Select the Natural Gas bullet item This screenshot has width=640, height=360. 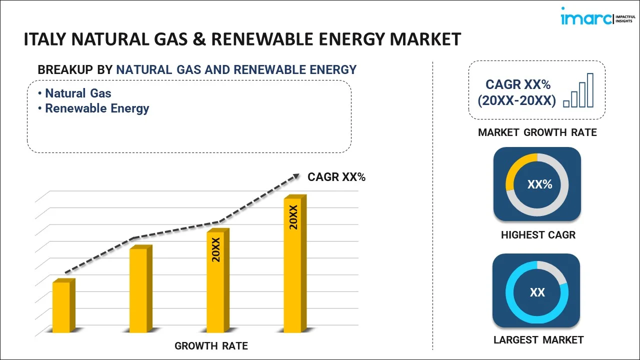pyautogui.click(x=78, y=93)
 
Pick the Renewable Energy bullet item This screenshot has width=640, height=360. pyautogui.click(x=97, y=108)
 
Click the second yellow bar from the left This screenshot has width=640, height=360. pyautogui.click(x=138, y=290)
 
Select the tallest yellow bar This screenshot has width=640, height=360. pyautogui.click(x=292, y=265)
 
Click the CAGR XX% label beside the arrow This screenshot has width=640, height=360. pyautogui.click(x=336, y=176)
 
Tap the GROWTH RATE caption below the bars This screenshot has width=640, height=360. pyautogui.click(x=211, y=345)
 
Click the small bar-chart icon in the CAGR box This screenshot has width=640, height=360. pyautogui.click(x=578, y=91)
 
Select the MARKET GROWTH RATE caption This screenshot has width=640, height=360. pyautogui.click(x=537, y=132)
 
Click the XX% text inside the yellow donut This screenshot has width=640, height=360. pyautogui.click(x=539, y=184)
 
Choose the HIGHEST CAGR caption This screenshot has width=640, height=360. pyautogui.click(x=538, y=234)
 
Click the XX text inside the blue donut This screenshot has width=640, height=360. pyautogui.click(x=537, y=292)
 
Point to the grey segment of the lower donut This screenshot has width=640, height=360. pyautogui.click(x=555, y=270)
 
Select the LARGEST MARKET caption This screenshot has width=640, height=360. pyautogui.click(x=538, y=340)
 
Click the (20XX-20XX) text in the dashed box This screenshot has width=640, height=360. pyautogui.click(x=516, y=100)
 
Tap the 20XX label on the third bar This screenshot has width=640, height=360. pyautogui.click(x=216, y=250)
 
